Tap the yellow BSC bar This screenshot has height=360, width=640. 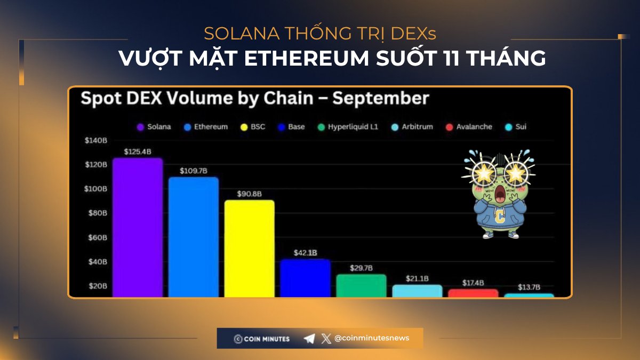point(249,248)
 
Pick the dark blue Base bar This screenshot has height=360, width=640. point(305,277)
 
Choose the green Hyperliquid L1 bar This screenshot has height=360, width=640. point(361,285)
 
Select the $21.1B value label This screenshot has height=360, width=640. point(418,278)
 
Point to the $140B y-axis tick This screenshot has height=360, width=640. point(96,140)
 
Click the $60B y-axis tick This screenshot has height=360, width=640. point(98,237)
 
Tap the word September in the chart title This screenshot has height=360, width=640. point(381,99)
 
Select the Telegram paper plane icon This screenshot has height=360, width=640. point(309,339)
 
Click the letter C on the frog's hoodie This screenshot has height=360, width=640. point(499,216)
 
